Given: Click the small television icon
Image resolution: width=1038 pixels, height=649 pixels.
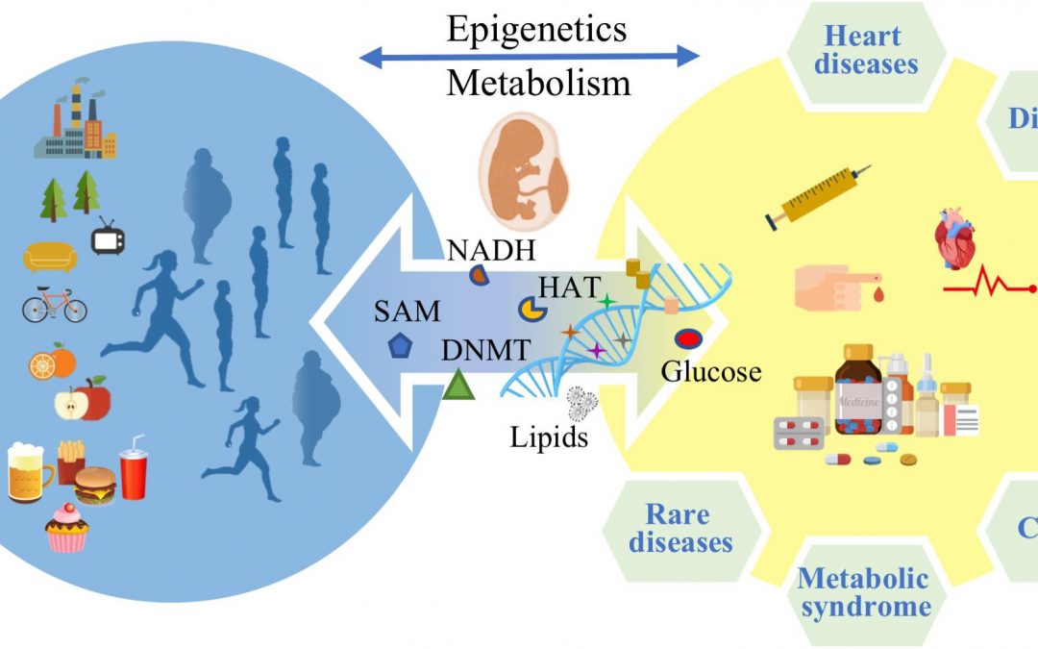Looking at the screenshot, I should tap(108, 236).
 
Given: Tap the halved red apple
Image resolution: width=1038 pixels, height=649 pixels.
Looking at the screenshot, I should tap(83, 399).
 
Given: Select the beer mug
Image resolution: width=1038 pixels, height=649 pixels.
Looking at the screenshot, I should tap(29, 471).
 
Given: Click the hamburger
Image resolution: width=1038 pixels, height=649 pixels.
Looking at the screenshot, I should tap(95, 486).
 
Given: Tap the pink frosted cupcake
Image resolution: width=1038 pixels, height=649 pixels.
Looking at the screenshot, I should tap(67, 526).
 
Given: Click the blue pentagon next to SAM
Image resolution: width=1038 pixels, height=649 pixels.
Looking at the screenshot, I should tap(398, 346).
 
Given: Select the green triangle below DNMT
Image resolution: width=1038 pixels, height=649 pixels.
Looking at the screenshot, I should tap(458, 387).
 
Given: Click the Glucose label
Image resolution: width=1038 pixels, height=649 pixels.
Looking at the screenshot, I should tap(712, 372).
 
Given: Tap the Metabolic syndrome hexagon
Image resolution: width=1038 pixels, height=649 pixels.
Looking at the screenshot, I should tap(863, 592).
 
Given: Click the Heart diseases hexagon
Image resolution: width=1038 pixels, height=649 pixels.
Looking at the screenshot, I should tap(871, 50).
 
